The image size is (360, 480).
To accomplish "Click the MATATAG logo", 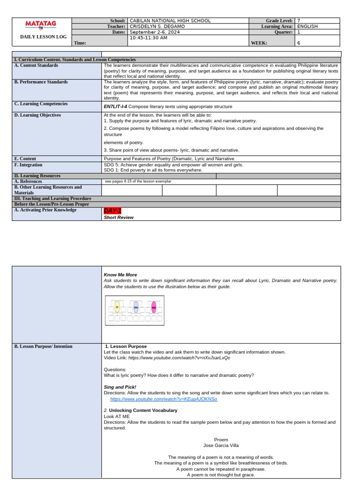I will click(x=40, y=24).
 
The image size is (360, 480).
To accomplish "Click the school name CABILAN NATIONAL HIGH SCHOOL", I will click(x=170, y=21).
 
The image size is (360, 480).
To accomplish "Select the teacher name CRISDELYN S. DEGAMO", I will click(x=157, y=27).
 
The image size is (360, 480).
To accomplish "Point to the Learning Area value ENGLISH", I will click(x=307, y=27).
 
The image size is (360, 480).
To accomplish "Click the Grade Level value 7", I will click(x=299, y=21).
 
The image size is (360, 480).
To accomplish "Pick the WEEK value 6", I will click(x=299, y=43).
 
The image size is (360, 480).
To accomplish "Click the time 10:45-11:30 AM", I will click(x=148, y=38).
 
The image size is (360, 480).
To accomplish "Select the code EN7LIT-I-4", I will click(x=115, y=107).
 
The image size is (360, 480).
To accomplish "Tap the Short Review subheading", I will click(x=119, y=217).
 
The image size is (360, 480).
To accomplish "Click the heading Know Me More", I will click(x=120, y=275).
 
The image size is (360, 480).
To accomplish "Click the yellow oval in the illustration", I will click(x=117, y=307).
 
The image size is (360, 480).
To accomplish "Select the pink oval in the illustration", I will click(x=154, y=307).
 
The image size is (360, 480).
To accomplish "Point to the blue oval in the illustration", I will click(x=136, y=307).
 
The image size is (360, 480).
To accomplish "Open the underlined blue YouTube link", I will click(x=164, y=399).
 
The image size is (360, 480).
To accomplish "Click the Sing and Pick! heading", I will click(x=120, y=387).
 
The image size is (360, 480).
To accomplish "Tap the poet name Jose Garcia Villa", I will click(x=221, y=445).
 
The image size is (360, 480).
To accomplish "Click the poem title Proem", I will click(x=221, y=440).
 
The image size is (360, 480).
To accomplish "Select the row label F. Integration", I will click(x=28, y=165).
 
